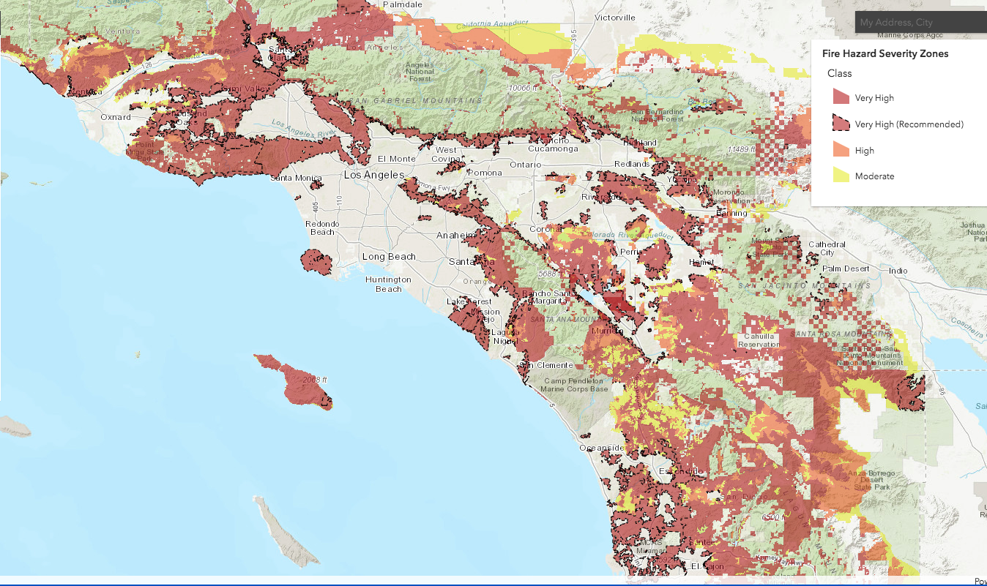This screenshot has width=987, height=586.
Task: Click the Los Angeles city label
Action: [374, 175]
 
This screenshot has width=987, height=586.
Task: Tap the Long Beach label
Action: [389, 257]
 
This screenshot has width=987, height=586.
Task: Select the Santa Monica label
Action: [295, 178]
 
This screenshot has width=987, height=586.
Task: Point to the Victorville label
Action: [615, 17]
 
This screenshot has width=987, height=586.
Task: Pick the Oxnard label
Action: [116, 117]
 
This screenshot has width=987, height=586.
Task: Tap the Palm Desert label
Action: [846, 268]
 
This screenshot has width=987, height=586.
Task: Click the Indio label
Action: [898, 271]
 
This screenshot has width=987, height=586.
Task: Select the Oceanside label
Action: [602, 448]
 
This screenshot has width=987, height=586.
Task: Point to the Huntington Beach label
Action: [389, 284]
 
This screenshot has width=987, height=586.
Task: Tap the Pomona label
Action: [486, 173]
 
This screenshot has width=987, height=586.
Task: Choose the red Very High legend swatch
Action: [841, 97]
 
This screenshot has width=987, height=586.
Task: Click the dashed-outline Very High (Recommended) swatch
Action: [841, 124]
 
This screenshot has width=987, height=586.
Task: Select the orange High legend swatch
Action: [841, 150]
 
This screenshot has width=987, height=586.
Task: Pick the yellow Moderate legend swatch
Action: [841, 176]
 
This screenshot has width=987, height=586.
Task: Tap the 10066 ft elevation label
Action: [524, 88]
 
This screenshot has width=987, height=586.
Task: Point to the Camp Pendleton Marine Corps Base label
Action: [574, 385]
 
